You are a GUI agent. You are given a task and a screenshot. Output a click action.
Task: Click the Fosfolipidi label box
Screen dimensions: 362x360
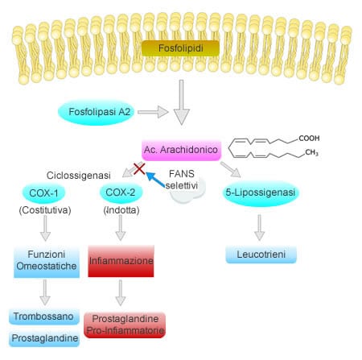coord(180,48)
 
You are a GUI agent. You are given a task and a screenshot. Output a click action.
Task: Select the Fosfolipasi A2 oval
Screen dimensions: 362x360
coord(97,112)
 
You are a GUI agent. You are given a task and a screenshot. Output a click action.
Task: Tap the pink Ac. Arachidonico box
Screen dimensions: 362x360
coord(181,150)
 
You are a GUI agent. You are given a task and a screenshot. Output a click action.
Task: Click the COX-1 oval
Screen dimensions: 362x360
coord(43,193)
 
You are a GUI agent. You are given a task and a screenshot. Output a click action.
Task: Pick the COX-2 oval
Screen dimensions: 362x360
coord(121,192)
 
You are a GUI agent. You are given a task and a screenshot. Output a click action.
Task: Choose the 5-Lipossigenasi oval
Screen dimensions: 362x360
coord(260,192)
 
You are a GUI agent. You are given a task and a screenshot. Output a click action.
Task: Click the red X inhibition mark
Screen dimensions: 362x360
coord(139,168)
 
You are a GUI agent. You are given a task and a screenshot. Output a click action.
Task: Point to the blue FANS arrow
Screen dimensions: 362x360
coord(155,179)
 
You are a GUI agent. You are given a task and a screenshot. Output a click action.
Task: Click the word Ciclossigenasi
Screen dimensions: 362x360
coord(79,176)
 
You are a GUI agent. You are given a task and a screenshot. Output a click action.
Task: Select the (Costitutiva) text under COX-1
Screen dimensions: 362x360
coord(45,210)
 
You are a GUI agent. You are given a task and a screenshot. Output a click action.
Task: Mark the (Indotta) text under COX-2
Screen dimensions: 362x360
coord(121,210)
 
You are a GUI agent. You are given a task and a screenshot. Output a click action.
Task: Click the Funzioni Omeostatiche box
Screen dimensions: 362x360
coord(47,261)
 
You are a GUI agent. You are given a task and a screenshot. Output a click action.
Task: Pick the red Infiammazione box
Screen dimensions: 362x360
coord(121,261)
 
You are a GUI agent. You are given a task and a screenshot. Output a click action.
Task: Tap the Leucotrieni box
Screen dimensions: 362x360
coord(261,254)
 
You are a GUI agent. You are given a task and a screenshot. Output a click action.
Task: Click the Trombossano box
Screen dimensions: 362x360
coord(44,317)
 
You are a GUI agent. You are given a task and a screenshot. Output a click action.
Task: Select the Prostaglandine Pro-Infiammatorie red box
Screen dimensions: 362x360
coord(125,325)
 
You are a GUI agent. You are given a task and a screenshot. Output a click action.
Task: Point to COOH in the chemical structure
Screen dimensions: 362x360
coord(309,139)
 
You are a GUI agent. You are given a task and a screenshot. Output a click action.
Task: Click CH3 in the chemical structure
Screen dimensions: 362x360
coord(311,153)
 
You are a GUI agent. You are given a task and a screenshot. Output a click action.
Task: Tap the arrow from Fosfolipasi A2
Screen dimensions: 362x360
coord(153,112)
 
